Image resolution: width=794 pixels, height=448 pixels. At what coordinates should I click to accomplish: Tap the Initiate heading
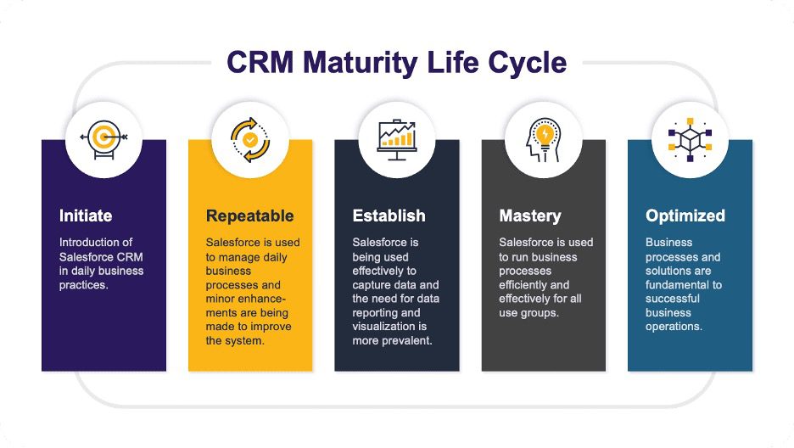[x=86, y=216]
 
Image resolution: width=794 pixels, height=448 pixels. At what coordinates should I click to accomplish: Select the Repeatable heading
[x=250, y=216]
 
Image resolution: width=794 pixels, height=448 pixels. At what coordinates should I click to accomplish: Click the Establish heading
[x=389, y=216]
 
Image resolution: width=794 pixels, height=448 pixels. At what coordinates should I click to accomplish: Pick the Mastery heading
[x=530, y=216]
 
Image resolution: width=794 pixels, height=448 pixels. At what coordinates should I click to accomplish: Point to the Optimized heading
[x=685, y=216]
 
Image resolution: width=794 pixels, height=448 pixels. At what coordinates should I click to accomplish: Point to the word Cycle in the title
[x=527, y=64]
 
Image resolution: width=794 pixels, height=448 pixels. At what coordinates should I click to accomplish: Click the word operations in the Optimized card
[x=674, y=327]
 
